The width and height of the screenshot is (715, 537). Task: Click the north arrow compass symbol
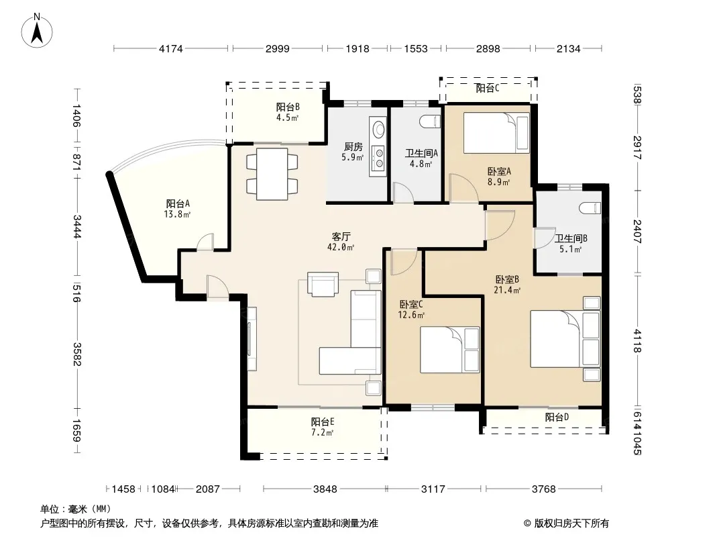37,31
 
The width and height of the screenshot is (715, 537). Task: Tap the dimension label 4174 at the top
170,48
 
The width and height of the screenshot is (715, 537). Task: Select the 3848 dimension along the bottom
325,489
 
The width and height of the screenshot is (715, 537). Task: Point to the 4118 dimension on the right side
637,341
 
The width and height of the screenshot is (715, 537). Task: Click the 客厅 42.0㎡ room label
341,242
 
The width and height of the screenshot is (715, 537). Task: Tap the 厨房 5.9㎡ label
353,152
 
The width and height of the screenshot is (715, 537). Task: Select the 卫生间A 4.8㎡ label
421,158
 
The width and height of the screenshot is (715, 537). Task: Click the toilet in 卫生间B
590,209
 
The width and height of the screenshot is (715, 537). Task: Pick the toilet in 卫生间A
429,121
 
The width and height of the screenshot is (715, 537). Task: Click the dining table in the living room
272,174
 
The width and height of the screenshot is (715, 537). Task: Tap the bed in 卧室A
496,133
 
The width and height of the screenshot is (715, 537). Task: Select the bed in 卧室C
450,350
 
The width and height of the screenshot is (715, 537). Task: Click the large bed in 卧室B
565,339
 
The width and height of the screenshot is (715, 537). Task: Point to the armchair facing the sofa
323,284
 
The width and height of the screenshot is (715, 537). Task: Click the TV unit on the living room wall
252,338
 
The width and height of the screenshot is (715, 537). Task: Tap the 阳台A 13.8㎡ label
177,209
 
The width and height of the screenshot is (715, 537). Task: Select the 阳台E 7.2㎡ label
323,427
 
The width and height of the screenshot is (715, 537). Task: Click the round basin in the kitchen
378,130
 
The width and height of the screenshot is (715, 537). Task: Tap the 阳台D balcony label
557,417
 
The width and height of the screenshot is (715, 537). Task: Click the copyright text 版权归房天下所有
571,524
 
